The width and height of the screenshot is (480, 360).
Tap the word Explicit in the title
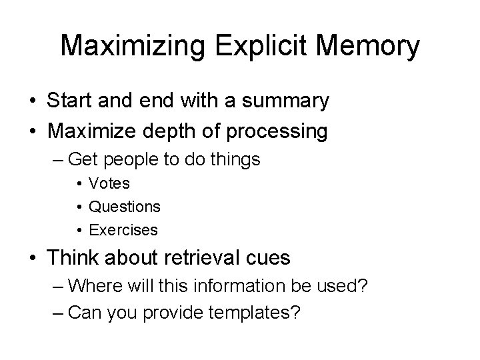click(259, 47)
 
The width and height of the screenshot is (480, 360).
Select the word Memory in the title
click(368, 47)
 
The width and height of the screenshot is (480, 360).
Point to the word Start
click(70, 101)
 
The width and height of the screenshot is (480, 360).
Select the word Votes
click(109, 183)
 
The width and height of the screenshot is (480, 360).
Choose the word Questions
click(125, 207)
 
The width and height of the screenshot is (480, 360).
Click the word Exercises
click(123, 230)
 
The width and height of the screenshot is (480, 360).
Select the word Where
click(90, 286)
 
